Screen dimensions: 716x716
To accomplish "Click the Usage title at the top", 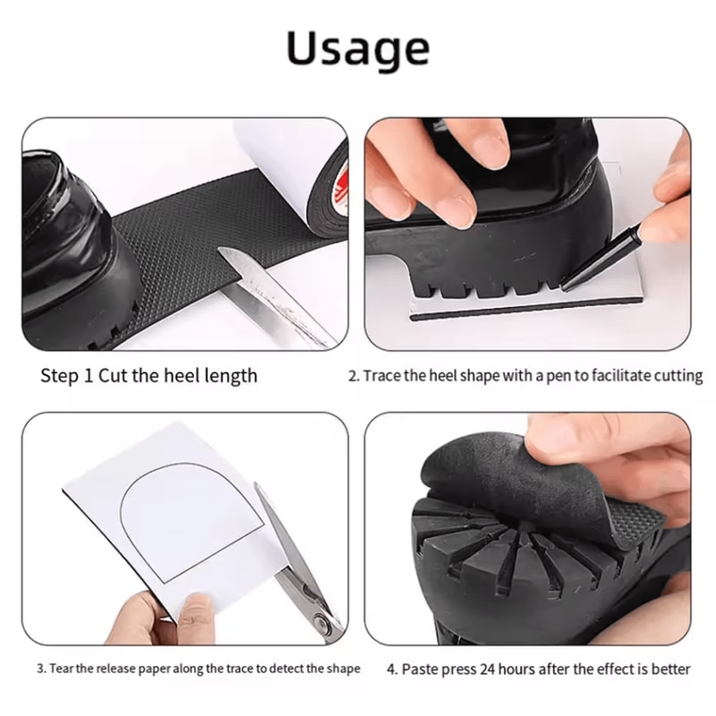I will click(358, 48).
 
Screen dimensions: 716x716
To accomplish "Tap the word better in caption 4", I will click(668, 668).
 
